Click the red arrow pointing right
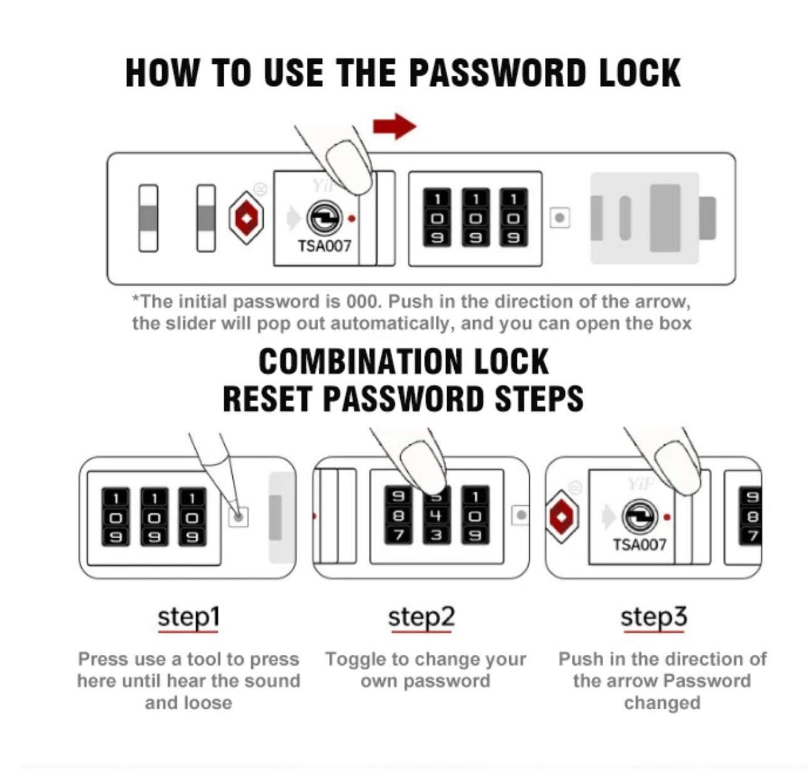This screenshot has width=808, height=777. click(x=394, y=126)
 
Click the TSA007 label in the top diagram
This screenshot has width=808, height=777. click(x=324, y=246)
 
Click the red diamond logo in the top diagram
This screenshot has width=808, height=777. click(x=246, y=217)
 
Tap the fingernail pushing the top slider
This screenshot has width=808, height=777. click(x=349, y=166)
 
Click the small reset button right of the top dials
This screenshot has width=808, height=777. click(x=560, y=217)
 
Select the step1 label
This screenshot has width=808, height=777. click(x=188, y=617)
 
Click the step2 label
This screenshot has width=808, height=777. click(x=422, y=617)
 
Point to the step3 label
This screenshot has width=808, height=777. click(x=654, y=617)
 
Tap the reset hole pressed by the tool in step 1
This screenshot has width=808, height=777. click(x=238, y=517)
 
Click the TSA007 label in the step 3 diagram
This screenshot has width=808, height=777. click(x=640, y=545)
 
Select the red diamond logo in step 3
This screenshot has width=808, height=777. click(x=561, y=517)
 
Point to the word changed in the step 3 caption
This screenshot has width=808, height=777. click(x=662, y=703)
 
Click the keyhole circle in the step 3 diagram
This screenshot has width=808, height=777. click(x=640, y=516)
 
